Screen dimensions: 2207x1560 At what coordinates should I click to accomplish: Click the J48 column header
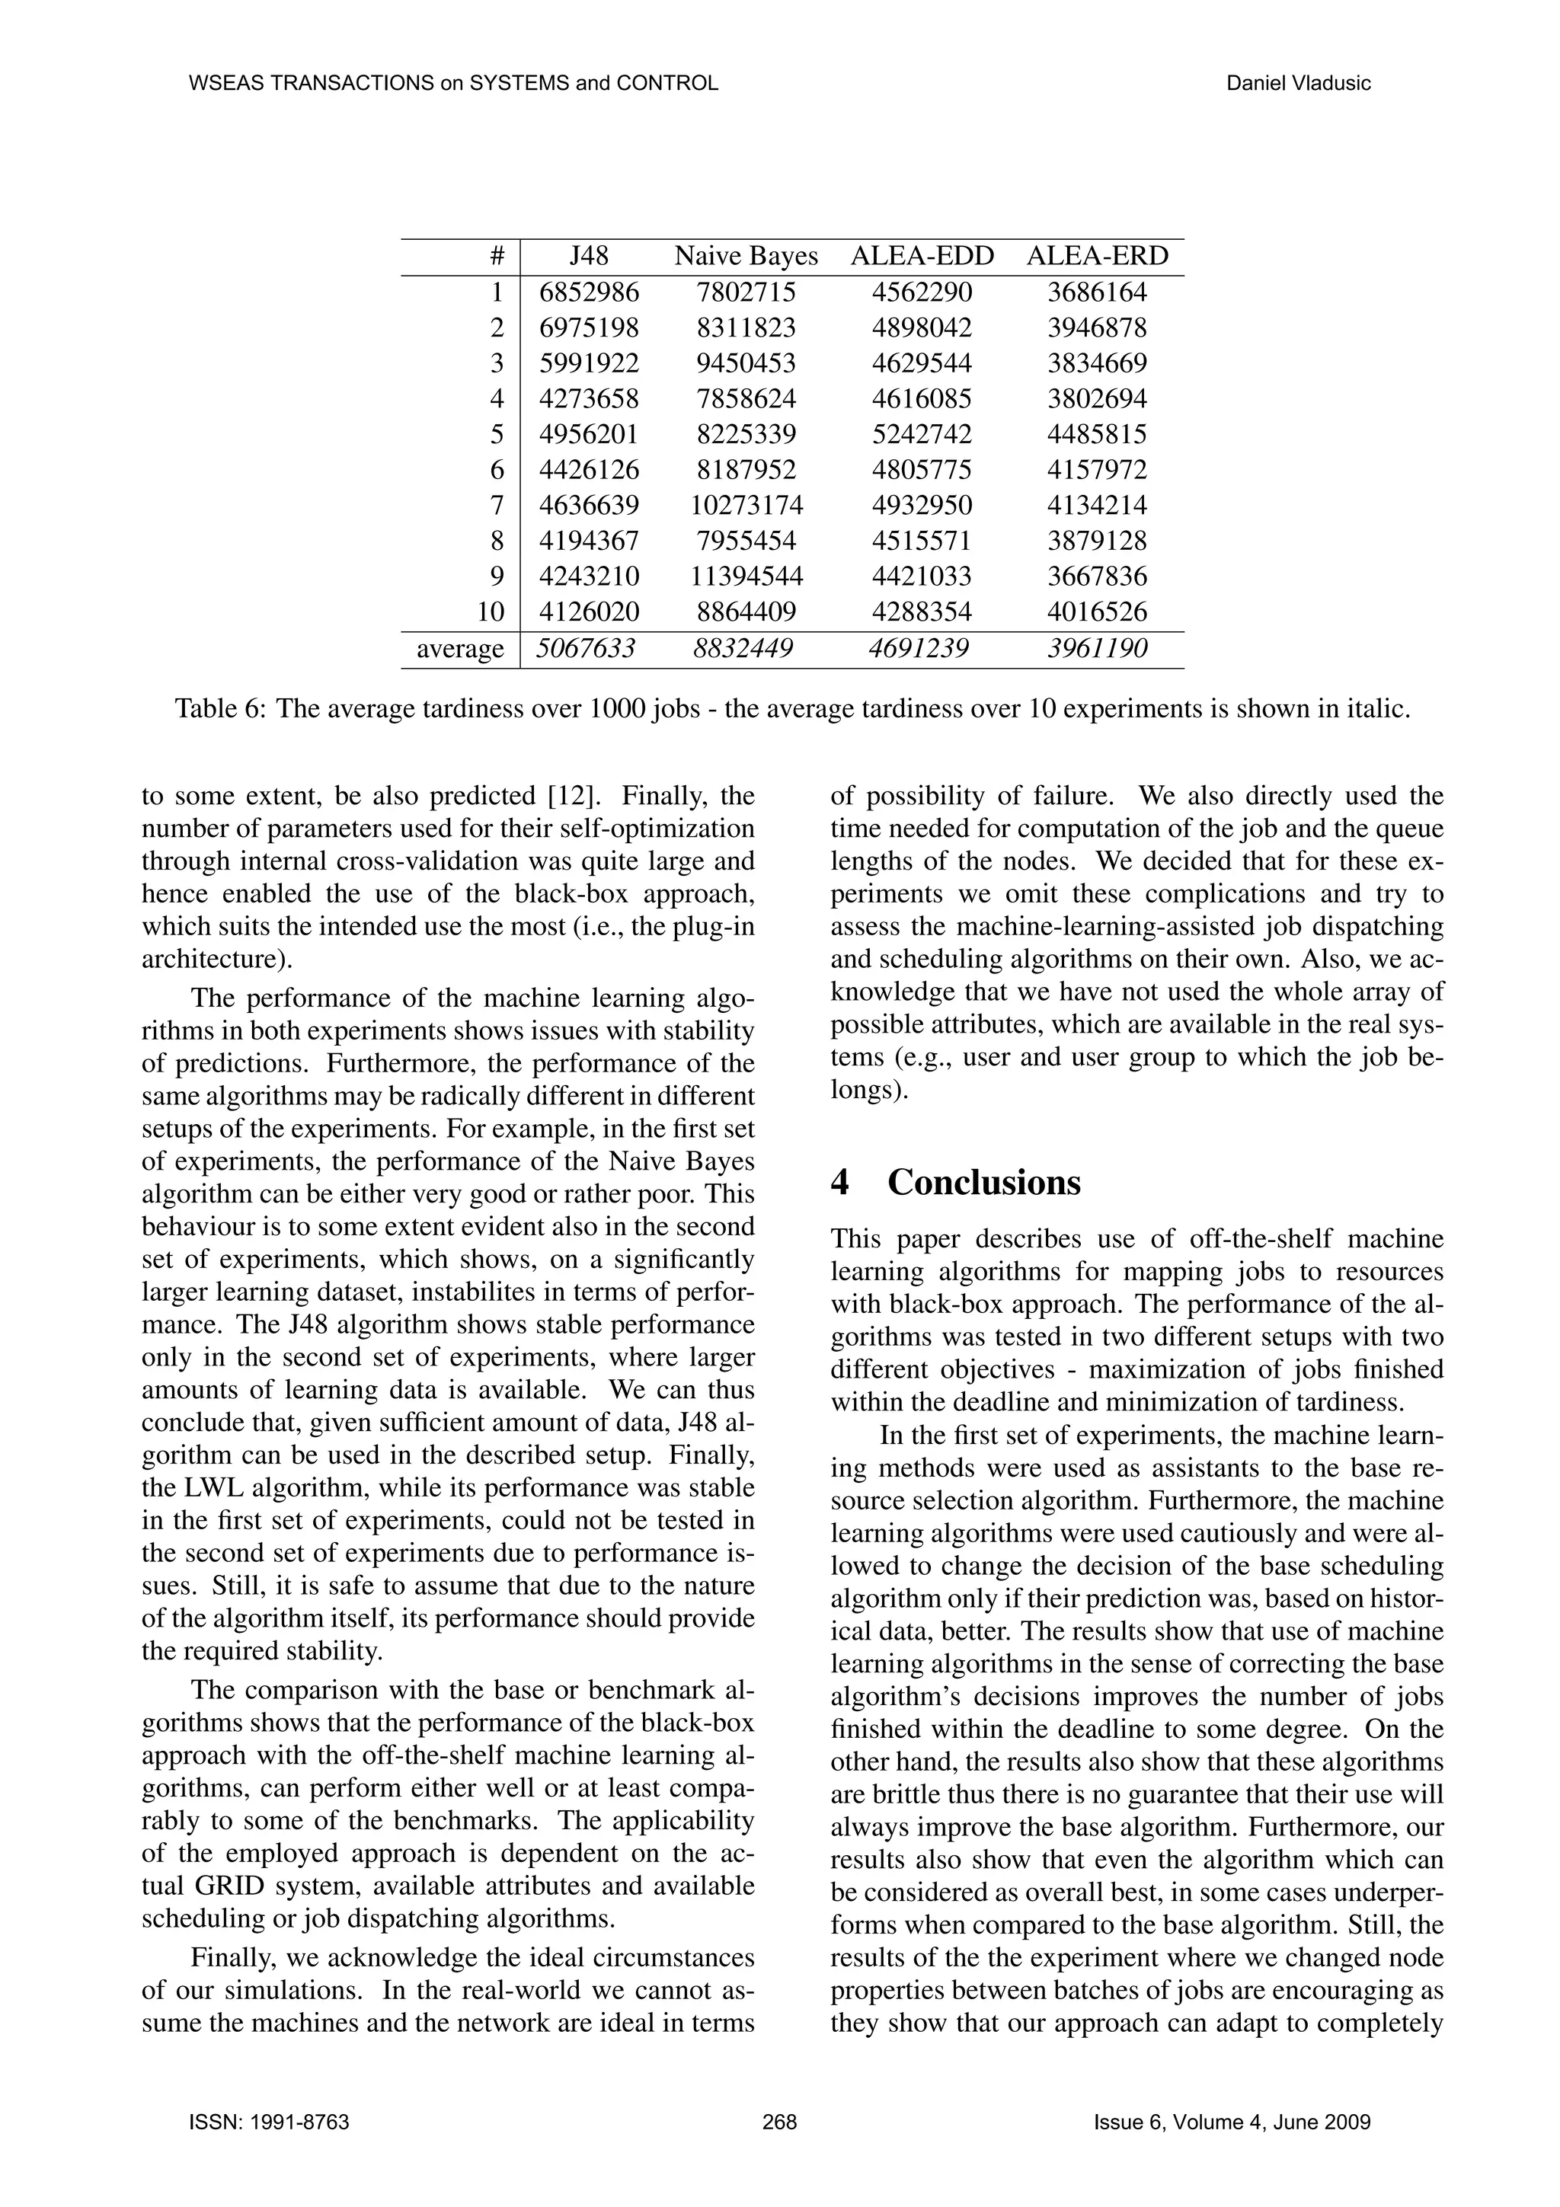(x=588, y=257)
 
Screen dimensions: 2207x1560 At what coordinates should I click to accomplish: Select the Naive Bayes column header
(x=746, y=257)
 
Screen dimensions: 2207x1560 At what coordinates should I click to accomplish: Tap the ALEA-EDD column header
(x=922, y=257)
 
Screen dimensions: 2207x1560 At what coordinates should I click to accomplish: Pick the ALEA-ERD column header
(x=1097, y=257)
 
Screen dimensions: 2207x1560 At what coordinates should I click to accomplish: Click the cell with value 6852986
(x=588, y=292)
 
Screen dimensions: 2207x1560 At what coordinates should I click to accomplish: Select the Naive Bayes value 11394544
(x=746, y=577)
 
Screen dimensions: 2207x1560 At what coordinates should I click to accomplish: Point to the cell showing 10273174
(x=746, y=506)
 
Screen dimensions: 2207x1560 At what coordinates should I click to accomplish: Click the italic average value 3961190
(x=1097, y=649)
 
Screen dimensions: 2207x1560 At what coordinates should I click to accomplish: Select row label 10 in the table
(x=491, y=612)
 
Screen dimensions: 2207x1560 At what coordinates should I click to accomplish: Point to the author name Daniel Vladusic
(x=1298, y=84)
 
